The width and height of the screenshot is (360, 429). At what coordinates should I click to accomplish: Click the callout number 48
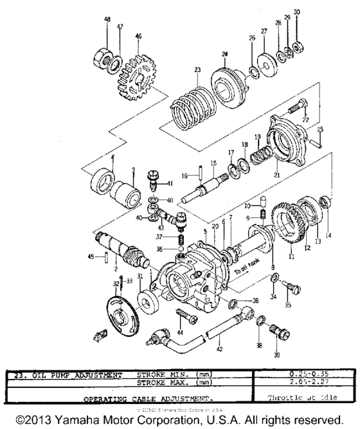pyautogui.click(x=107, y=20)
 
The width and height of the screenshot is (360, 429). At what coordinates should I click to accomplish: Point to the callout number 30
pyautogui.click(x=296, y=12)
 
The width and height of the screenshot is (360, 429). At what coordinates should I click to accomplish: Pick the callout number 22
pyautogui.click(x=305, y=120)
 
